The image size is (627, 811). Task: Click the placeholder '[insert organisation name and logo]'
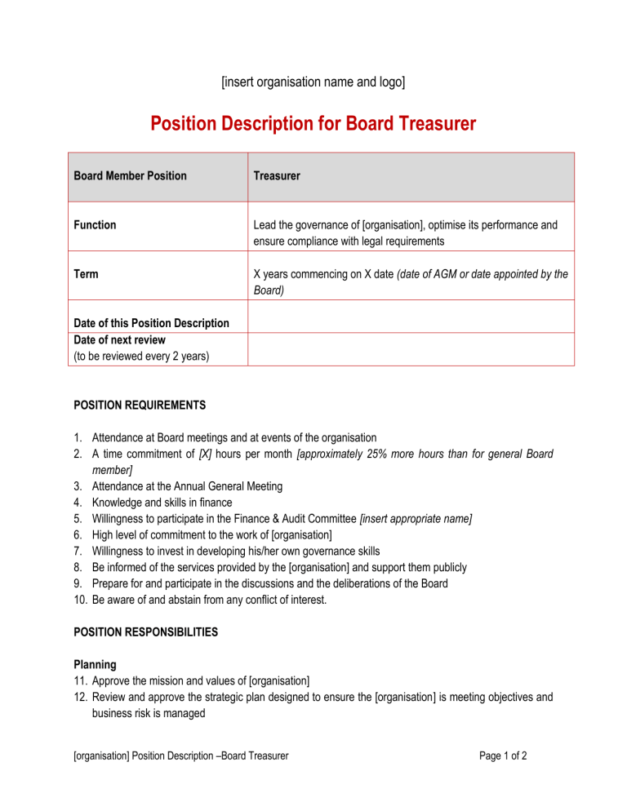[x=313, y=82]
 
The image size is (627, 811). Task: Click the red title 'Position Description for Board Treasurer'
[x=313, y=124]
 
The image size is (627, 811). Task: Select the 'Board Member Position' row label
[x=130, y=175]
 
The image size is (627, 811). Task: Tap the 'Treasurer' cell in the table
[x=277, y=175]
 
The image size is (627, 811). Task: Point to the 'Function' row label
[x=95, y=224]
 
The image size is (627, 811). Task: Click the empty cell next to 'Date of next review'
[x=411, y=348]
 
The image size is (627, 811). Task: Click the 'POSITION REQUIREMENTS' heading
[x=140, y=405]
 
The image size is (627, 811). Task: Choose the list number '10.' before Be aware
[x=81, y=600]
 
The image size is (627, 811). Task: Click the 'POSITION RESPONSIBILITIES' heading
[x=147, y=632]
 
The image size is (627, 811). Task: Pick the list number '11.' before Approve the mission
[x=81, y=680]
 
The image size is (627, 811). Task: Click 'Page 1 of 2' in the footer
[x=503, y=756]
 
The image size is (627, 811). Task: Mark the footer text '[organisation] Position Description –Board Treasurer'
[x=180, y=756]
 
